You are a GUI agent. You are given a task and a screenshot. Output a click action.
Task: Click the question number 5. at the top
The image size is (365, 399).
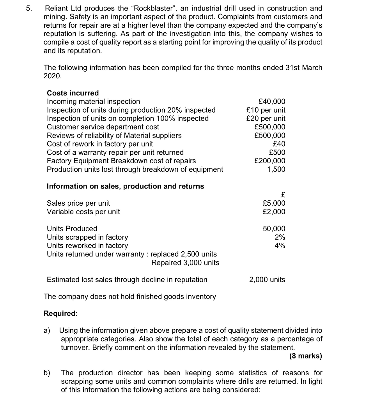24,8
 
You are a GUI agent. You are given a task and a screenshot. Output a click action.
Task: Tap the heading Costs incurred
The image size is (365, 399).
73,93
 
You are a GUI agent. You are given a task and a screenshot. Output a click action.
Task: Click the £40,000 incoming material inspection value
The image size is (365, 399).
269,101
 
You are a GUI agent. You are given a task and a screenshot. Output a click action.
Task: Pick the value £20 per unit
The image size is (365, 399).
266,118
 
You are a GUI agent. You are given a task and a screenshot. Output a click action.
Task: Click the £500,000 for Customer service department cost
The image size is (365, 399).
269,127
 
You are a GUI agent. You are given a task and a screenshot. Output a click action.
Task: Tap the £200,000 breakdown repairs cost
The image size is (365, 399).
269,161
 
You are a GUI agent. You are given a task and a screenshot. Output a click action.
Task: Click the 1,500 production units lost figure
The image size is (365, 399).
276,169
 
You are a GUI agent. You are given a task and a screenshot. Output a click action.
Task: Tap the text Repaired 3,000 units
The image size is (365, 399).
185,263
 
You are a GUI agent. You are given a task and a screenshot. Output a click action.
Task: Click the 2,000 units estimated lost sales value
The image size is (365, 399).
267,280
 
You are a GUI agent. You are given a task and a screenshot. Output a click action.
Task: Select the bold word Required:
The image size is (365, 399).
60,314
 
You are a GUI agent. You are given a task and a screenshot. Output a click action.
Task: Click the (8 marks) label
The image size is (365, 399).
306,356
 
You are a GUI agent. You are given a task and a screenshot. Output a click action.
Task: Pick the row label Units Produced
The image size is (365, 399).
72,229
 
